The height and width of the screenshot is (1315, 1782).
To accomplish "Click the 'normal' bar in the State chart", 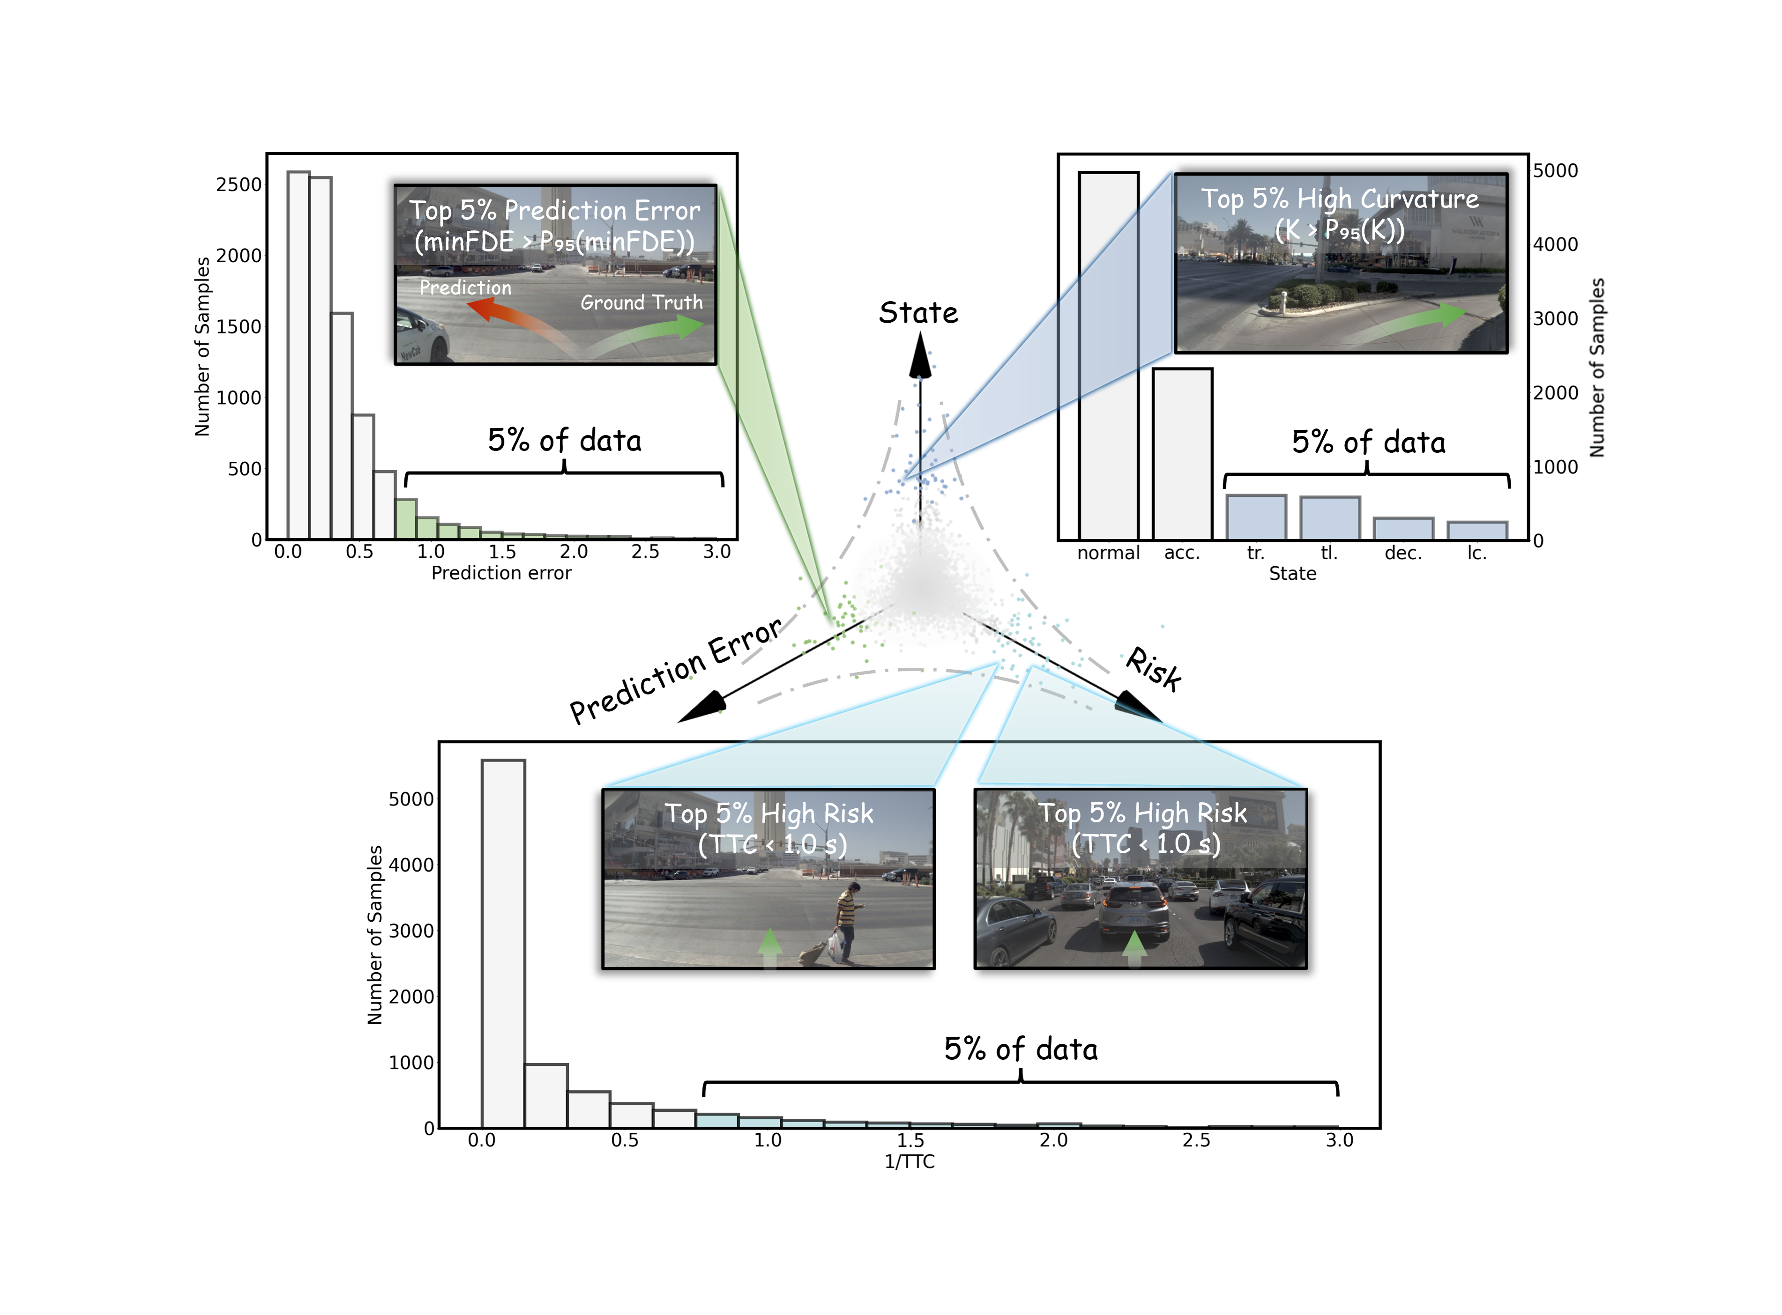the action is click(1108, 356).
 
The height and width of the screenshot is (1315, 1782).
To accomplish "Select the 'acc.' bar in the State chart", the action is click(1182, 454).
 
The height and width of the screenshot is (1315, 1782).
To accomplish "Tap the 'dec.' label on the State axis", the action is click(1403, 553).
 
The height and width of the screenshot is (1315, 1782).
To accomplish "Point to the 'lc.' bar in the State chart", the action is click(1477, 531).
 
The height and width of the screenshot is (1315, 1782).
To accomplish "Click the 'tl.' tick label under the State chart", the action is click(1329, 553).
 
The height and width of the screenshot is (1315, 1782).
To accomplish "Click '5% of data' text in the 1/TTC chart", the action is click(1021, 1049).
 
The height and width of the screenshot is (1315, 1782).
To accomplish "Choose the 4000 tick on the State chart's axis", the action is click(1555, 244).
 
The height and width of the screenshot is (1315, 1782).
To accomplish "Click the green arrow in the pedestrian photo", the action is click(769, 947).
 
